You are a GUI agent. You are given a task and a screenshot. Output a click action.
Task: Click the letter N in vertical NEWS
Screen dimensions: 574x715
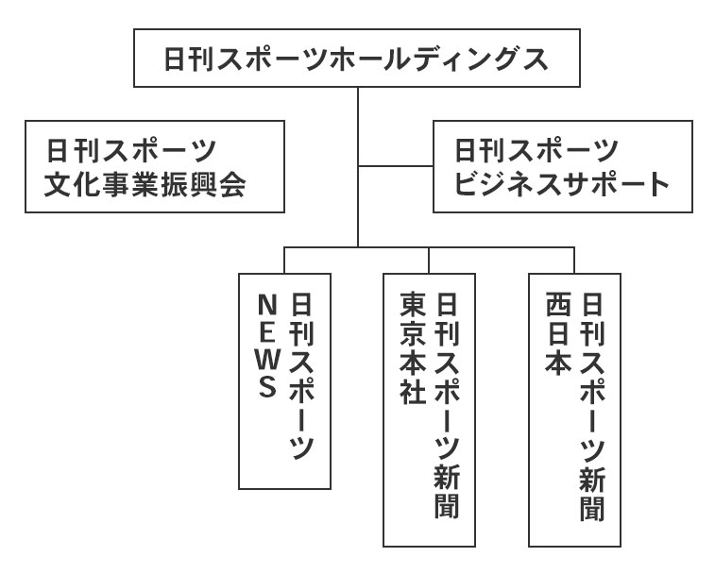pyautogui.click(x=267, y=304)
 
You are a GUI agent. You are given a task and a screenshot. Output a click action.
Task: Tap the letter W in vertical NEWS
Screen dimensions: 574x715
pyautogui.click(x=267, y=359)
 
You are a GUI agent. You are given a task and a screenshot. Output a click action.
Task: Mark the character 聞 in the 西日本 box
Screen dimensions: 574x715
pyautogui.click(x=592, y=507)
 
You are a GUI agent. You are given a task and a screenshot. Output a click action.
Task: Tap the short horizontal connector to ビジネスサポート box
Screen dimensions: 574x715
pyautogui.click(x=395, y=167)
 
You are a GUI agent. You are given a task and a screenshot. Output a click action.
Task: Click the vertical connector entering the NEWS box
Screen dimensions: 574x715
pyautogui.click(x=284, y=261)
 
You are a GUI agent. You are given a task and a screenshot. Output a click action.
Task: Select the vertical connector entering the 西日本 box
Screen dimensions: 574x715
pyautogui.click(x=574, y=261)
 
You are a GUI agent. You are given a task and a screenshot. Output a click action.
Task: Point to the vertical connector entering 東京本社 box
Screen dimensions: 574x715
pyautogui.click(x=430, y=261)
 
